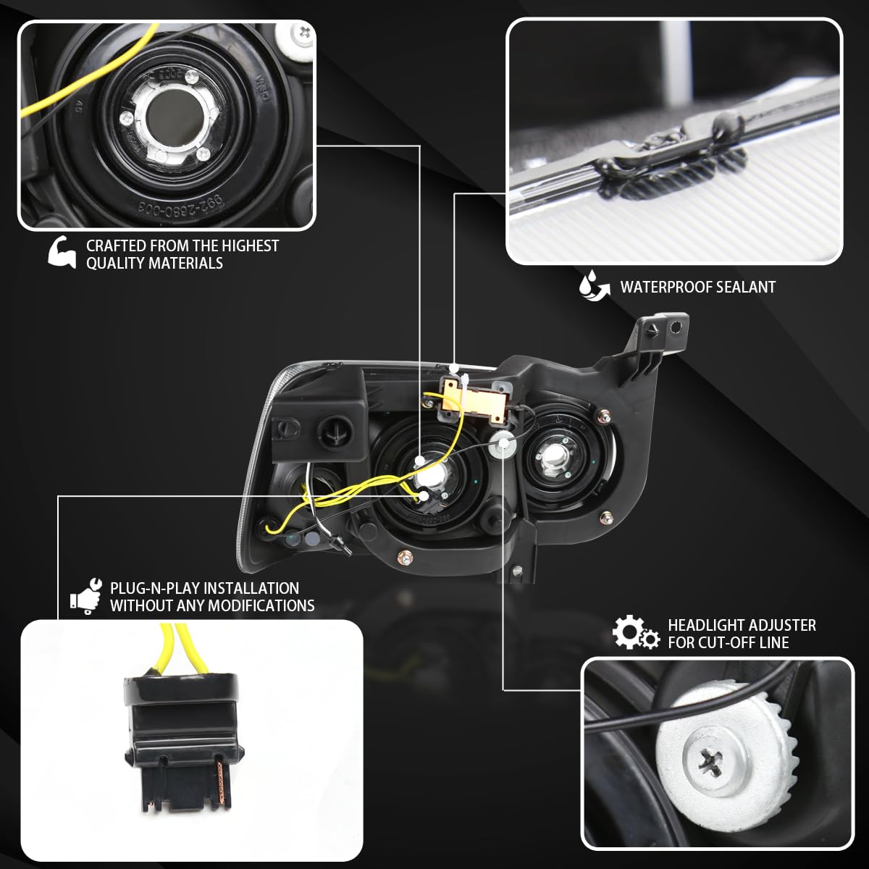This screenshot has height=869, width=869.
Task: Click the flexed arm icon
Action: tap(62, 253)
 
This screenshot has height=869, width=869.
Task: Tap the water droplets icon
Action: tap(592, 285)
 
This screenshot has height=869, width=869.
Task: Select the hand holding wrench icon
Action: tap(84, 596)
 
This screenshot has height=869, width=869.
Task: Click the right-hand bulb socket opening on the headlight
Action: tap(552, 454)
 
